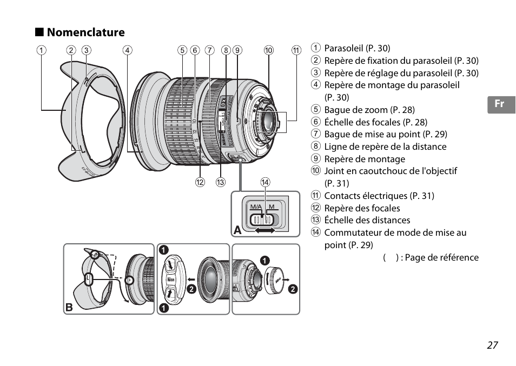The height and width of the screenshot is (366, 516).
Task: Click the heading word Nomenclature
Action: coord(85,32)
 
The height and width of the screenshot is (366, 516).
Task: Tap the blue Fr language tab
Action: coord(500,104)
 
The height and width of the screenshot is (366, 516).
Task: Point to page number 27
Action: coord(492,345)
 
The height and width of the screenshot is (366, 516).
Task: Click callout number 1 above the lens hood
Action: coord(41,51)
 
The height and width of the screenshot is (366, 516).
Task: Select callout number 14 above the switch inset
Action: coord(265,182)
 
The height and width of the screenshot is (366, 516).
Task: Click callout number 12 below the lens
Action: coord(200,182)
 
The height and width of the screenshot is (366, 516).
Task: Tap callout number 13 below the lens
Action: coord(220,182)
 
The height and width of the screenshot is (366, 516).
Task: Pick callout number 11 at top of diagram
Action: coord(295,51)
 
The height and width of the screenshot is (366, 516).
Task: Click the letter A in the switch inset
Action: coord(237,230)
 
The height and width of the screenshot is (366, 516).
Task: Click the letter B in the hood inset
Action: coord(69,307)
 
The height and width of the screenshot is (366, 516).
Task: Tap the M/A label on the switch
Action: coord(256,208)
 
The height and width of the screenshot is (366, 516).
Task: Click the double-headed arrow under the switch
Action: coord(265,230)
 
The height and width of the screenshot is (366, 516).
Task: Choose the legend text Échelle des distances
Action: coord(367,220)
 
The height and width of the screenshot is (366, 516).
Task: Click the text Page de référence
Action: coord(442,257)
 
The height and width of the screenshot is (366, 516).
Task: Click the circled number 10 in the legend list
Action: coord(316,171)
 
